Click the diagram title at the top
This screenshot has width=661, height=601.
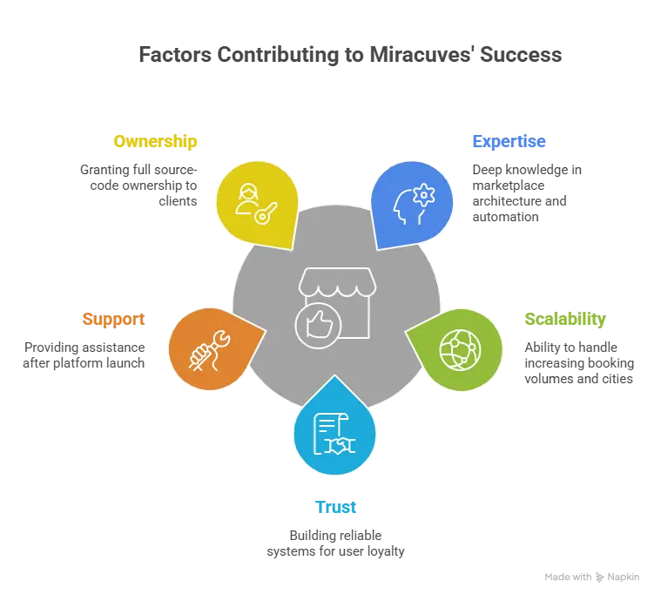point(352,55)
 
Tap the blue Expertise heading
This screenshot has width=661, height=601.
point(509,141)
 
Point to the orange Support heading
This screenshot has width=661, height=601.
point(113,319)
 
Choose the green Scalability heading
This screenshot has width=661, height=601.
point(564,319)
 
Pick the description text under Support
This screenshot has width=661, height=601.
point(83,355)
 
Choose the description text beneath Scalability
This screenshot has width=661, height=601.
point(577,362)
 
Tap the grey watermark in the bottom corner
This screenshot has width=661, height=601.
point(591,578)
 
